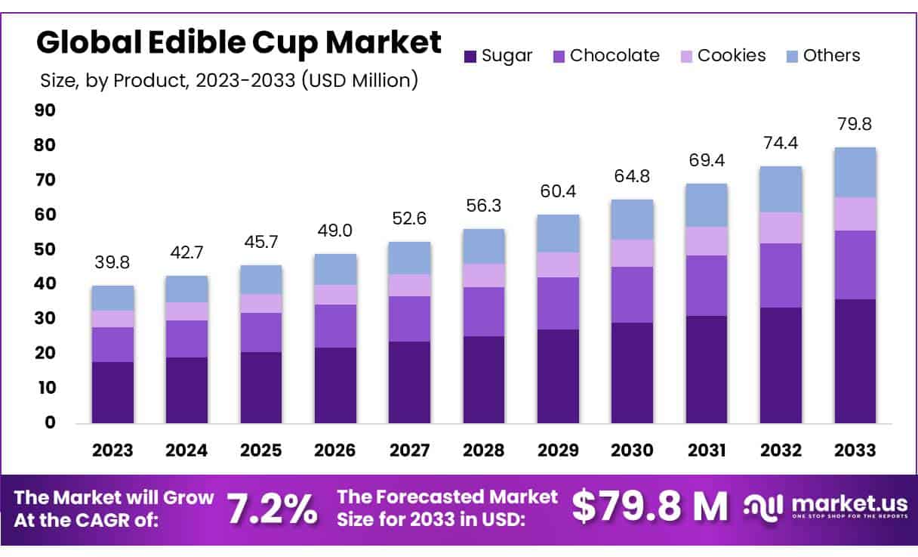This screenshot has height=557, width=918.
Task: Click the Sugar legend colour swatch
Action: pyautogui.click(x=470, y=56)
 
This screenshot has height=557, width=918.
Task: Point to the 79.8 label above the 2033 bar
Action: pyautogui.click(x=855, y=124)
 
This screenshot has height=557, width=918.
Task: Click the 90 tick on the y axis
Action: pyautogui.click(x=45, y=111)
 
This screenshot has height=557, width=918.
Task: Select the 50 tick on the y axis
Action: pyautogui.click(x=45, y=250)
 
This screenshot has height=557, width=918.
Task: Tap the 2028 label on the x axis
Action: pyautogui.click(x=483, y=450)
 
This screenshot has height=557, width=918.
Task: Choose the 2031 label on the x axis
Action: pyautogui.click(x=707, y=450)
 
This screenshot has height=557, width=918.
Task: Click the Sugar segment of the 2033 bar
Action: pyautogui.click(x=855, y=361)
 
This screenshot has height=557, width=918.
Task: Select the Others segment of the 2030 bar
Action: pyautogui.click(x=632, y=220)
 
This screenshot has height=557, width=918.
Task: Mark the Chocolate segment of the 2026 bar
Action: pyautogui.click(x=335, y=326)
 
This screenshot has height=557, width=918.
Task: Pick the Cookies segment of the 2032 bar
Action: pyautogui.click(x=781, y=227)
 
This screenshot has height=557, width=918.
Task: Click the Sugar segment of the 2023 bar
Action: pyautogui.click(x=112, y=392)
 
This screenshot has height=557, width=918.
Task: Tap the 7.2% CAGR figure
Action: pyautogui.click(x=273, y=509)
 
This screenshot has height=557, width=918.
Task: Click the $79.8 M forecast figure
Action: pyautogui.click(x=649, y=507)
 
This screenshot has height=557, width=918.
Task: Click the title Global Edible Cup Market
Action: pyautogui.click(x=239, y=43)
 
